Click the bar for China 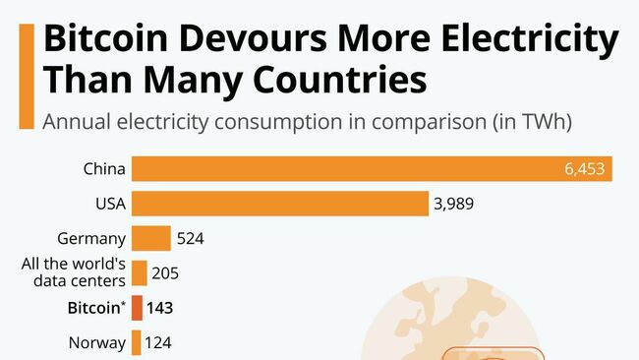click(372, 168)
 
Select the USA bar click(280, 204)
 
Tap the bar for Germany click(151, 238)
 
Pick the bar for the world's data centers click(140, 273)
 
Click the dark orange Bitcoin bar click(137, 308)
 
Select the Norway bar click(136, 343)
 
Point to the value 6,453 click(588, 168)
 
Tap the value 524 click(190, 238)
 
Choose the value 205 click(165, 273)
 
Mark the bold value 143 click(160, 308)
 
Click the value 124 click(158, 343)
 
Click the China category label click(104, 168)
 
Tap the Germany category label click(92, 238)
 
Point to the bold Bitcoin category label click(95, 308)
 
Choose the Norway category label click(97, 343)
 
